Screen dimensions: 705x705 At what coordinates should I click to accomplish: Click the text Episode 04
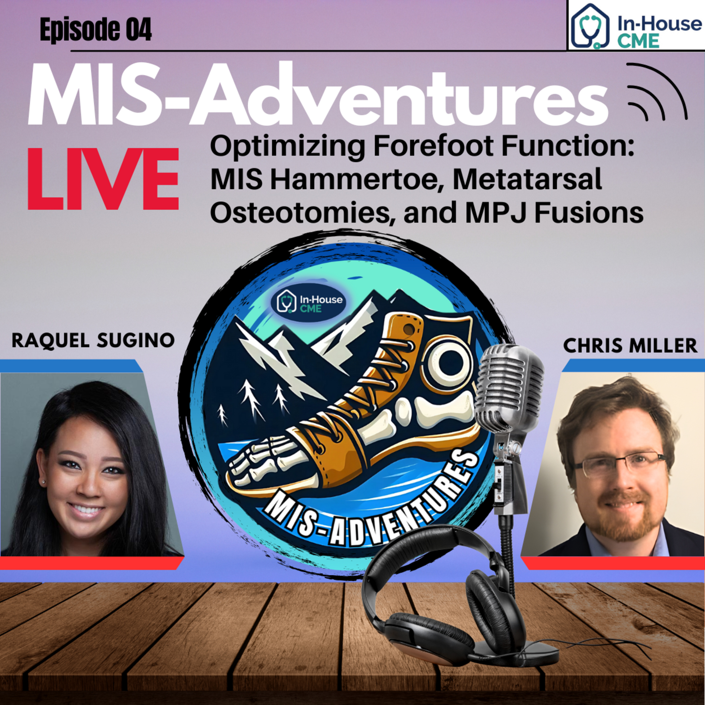click(x=96, y=30)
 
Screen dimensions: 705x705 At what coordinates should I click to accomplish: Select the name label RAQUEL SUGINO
click(x=93, y=341)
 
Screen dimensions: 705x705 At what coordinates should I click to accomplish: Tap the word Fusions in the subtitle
click(x=588, y=212)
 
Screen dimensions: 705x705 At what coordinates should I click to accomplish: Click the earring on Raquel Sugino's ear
click(x=44, y=482)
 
